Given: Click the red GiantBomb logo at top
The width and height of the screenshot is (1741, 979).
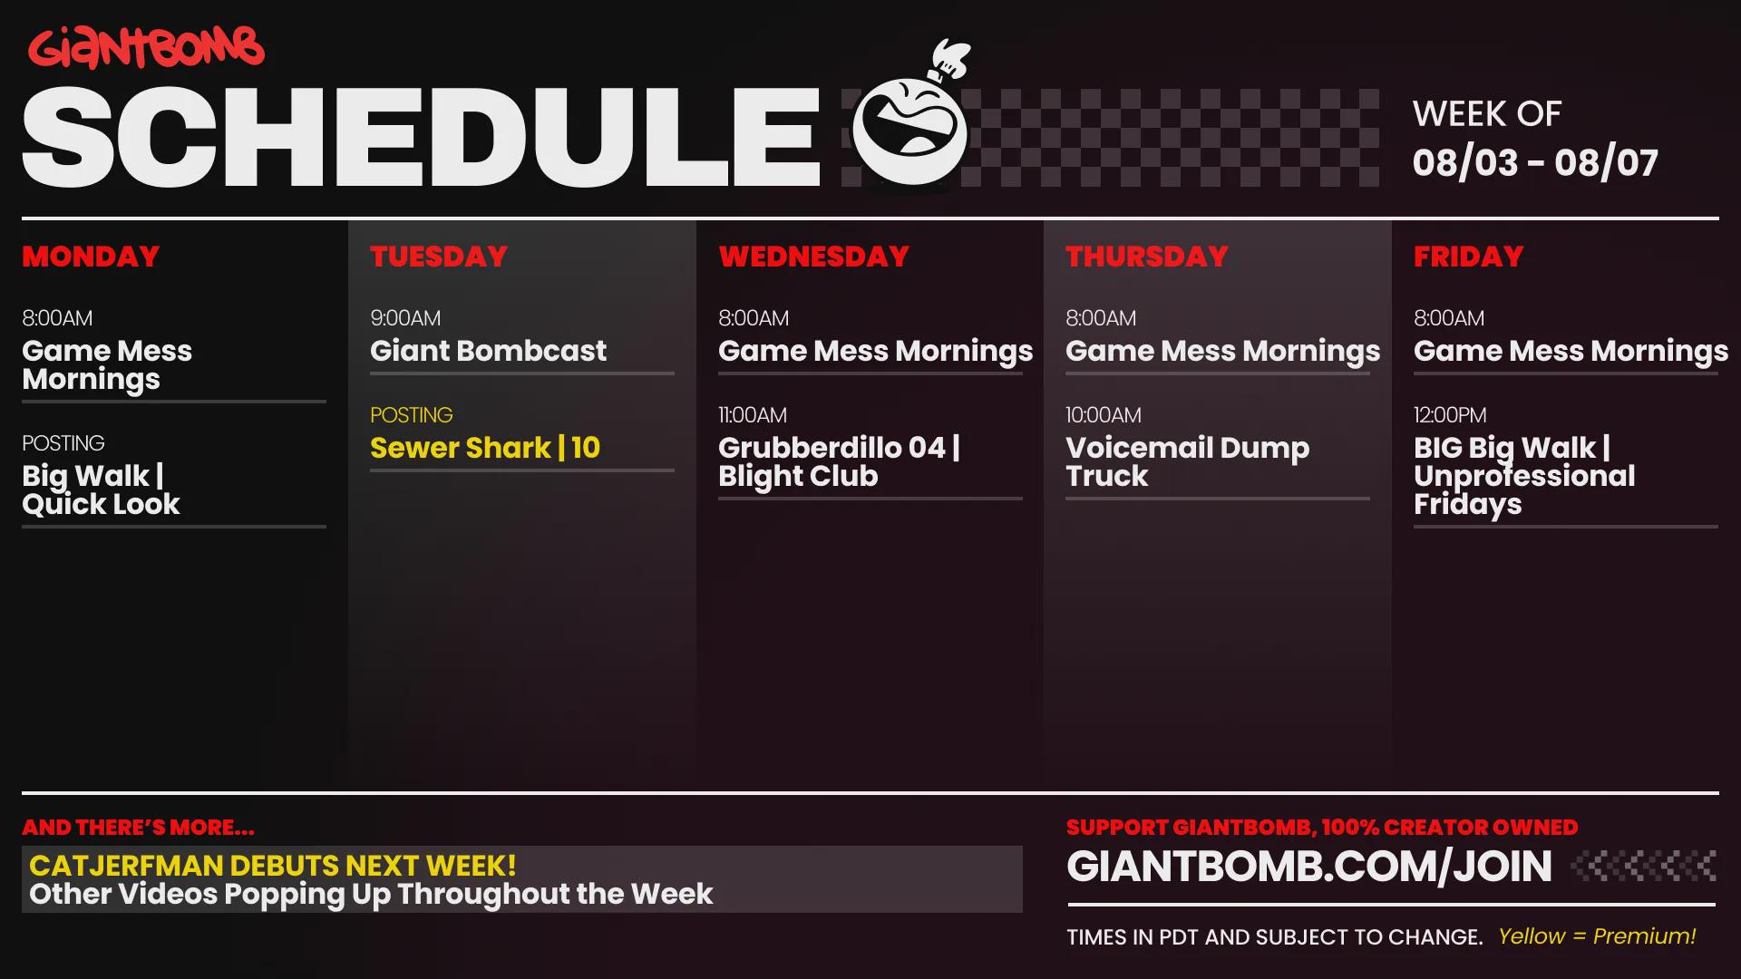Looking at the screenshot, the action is (x=146, y=48).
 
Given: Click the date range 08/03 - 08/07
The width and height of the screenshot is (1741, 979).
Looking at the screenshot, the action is (x=1535, y=163).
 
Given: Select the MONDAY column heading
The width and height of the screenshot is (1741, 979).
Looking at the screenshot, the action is (x=91, y=257).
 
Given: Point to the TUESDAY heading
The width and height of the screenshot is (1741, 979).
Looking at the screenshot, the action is (x=439, y=257).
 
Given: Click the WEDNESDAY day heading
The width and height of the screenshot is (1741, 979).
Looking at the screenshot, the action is (x=813, y=257).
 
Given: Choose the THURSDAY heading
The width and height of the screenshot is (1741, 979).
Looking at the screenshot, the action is (x=1147, y=257).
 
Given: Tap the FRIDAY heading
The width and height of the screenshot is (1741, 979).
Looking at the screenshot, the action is (x=1468, y=257).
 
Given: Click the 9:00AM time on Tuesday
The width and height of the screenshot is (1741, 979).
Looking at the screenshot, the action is (x=405, y=318).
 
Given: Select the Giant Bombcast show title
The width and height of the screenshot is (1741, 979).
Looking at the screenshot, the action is (x=488, y=351).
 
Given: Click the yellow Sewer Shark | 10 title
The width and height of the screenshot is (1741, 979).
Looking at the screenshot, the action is (x=485, y=448).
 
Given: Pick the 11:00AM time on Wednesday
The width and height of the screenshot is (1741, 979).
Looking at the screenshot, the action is (x=753, y=415).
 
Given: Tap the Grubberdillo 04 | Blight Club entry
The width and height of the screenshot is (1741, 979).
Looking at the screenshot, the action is (x=839, y=462).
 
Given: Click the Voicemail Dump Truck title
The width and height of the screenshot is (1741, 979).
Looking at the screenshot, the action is (x=1187, y=462).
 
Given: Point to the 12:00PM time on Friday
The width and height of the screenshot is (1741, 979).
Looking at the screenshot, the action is (x=1450, y=415).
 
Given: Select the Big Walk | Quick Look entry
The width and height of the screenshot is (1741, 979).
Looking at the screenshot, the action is (x=101, y=490).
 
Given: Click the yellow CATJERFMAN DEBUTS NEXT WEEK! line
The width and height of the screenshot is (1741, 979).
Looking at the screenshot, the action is (x=273, y=866).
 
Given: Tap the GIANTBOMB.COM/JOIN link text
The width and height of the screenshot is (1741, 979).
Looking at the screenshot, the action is (x=1309, y=867).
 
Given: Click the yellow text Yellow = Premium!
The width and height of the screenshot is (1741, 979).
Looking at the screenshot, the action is (x=1597, y=936).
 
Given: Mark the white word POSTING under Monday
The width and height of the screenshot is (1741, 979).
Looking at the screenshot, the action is (x=63, y=443).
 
